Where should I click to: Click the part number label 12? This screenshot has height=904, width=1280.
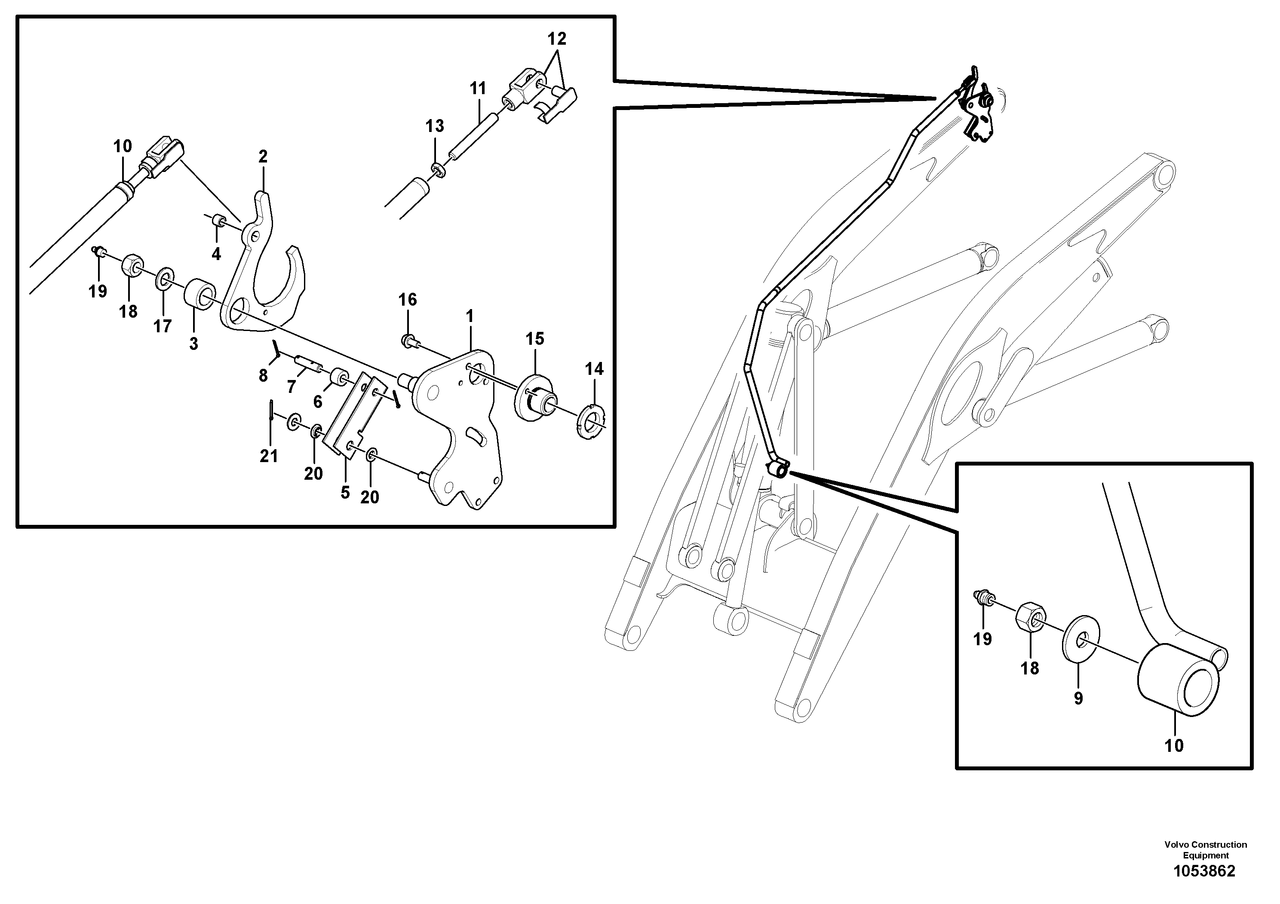pyautogui.click(x=556, y=39)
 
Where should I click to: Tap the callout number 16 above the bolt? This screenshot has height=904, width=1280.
pyautogui.click(x=408, y=300)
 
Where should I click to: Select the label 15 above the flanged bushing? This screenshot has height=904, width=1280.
pyautogui.click(x=534, y=339)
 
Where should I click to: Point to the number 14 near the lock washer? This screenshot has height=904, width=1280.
pyautogui.click(x=594, y=369)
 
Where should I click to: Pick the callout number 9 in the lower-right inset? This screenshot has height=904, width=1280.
pyautogui.click(x=1078, y=699)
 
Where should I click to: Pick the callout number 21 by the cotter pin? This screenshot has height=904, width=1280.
pyautogui.click(x=269, y=457)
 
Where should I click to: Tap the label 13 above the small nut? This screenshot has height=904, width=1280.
pyautogui.click(x=435, y=126)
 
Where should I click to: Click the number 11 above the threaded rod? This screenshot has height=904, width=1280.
pyautogui.click(x=478, y=89)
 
